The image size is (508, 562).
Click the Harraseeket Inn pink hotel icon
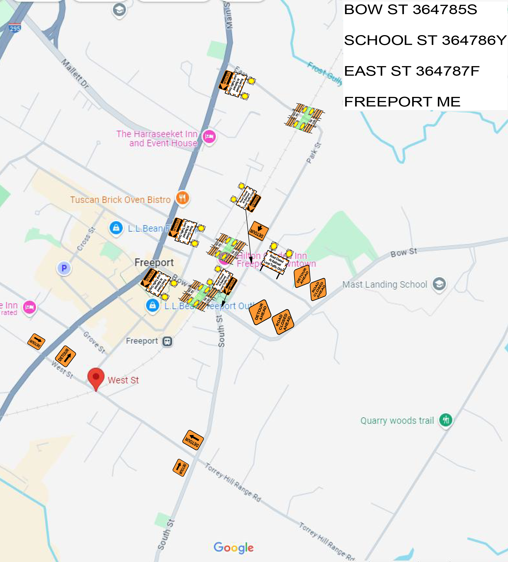209,136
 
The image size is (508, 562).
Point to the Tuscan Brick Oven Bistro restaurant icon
182,198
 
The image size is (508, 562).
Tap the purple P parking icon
64,268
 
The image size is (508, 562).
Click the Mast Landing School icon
439,284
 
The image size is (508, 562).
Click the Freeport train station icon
167,341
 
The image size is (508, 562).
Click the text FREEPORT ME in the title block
402,102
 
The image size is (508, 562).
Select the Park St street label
314,153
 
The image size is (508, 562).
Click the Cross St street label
86,239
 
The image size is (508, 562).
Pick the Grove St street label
94,342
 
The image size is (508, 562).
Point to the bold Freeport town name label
154,262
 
